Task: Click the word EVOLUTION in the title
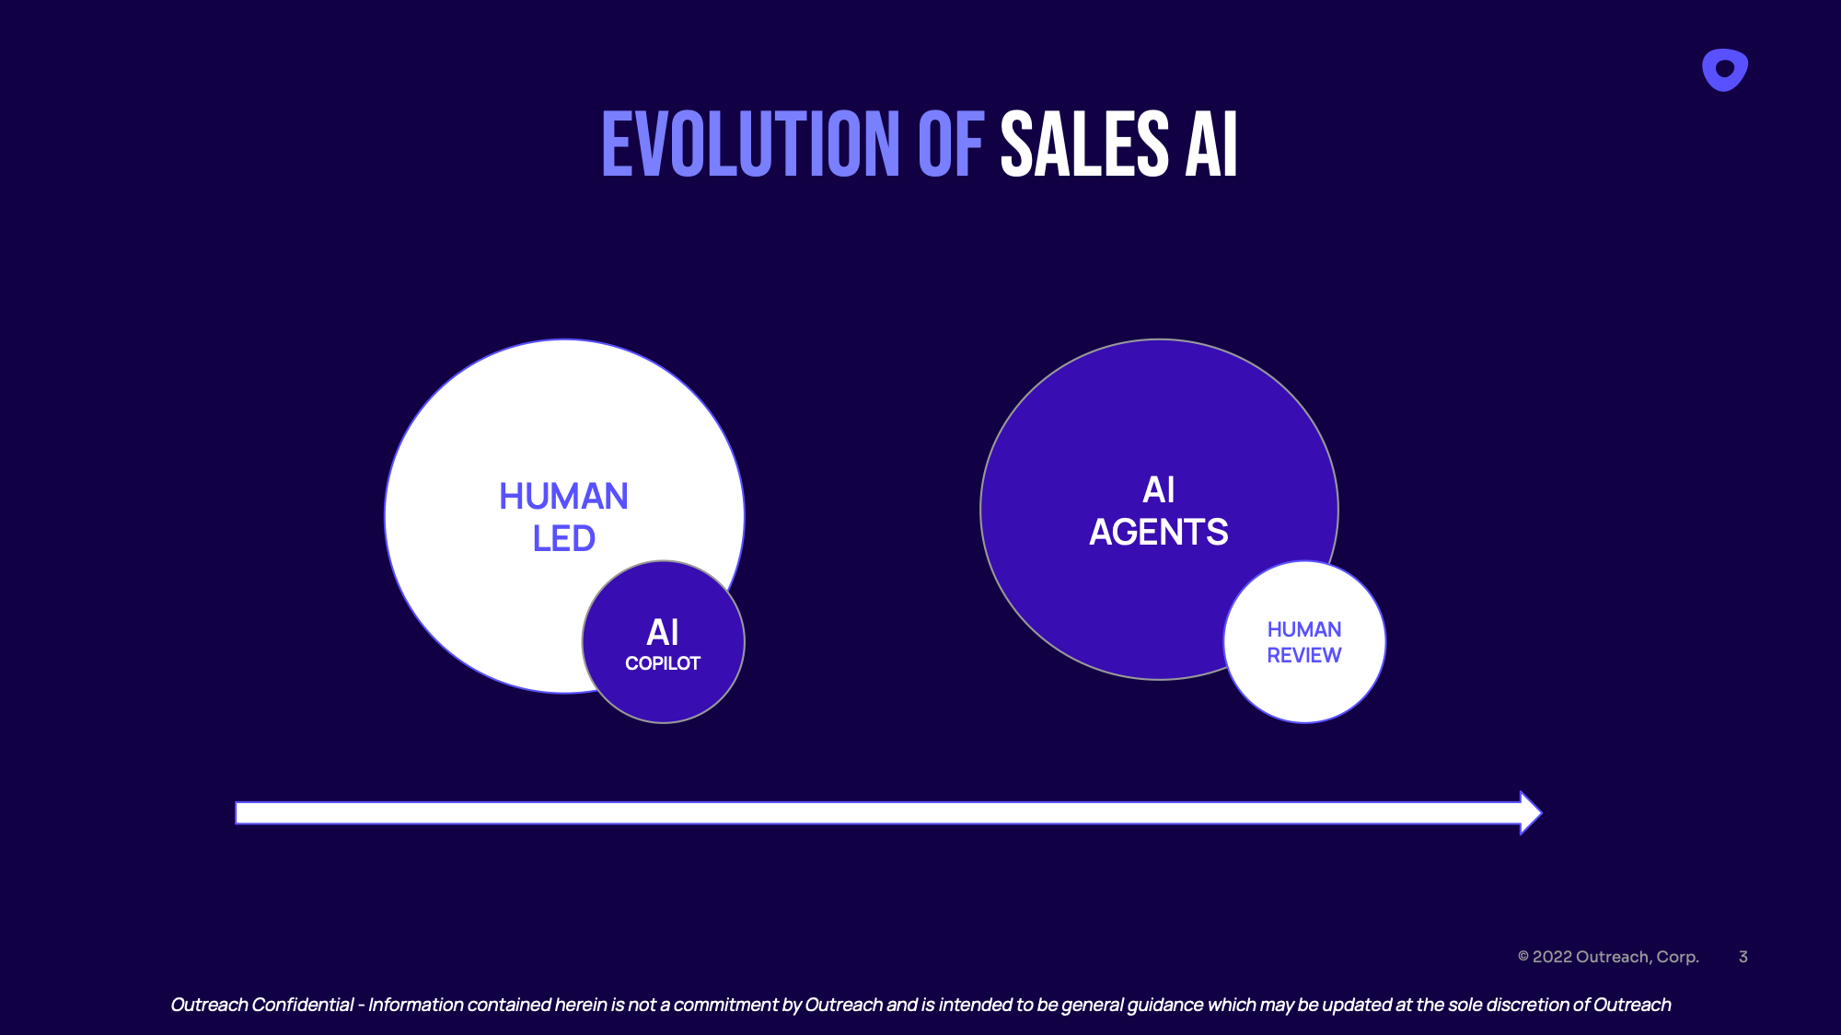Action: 750,144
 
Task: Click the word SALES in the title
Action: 1084,144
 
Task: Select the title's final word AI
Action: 1210,144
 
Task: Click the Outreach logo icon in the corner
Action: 1724,70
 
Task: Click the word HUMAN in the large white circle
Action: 563,497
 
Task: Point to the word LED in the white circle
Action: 563,539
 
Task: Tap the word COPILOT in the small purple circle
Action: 663,663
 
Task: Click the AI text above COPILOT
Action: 663,632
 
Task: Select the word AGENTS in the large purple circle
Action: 1158,533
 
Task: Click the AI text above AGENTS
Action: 1158,490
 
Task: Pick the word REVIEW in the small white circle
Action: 1303,656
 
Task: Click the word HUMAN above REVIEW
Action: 1303,629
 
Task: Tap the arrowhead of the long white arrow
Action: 1530,812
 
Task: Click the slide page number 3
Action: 1743,957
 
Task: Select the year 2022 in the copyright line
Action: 1552,957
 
